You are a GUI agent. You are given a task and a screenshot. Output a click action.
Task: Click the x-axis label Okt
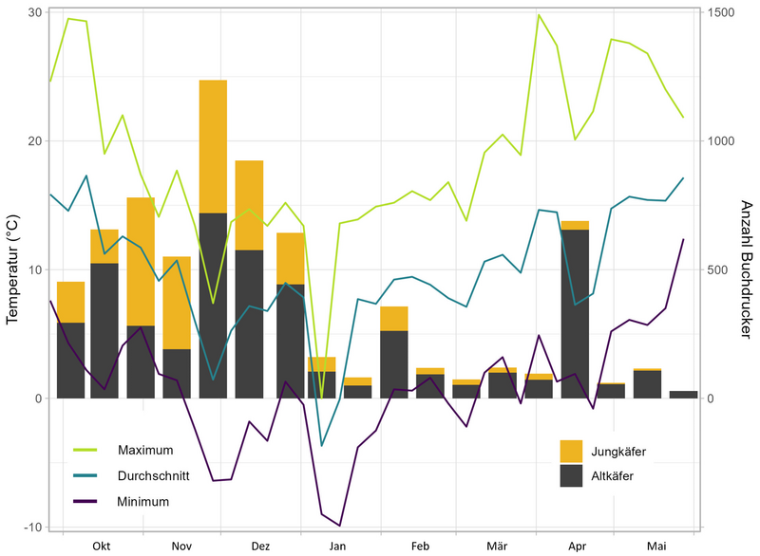102,547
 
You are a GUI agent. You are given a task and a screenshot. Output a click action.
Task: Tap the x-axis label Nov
181,547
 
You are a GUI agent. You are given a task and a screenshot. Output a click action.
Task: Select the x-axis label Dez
261,547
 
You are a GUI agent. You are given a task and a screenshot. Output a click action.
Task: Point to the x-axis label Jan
338,547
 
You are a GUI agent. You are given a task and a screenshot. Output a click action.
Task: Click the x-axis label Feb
420,547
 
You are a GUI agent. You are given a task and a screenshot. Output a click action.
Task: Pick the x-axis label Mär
497,547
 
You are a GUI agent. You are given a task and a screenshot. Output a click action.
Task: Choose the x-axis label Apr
578,547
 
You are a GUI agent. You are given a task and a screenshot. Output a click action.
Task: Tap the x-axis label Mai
656,547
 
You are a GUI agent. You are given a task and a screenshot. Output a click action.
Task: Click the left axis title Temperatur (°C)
13,268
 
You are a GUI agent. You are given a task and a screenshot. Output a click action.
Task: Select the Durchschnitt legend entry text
154,475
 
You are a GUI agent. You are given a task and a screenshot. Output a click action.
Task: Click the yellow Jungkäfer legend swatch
572,451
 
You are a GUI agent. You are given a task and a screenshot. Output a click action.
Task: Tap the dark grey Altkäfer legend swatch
572,475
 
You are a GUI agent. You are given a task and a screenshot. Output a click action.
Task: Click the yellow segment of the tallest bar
213,146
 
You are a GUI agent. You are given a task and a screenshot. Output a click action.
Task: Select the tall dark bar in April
575,313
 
